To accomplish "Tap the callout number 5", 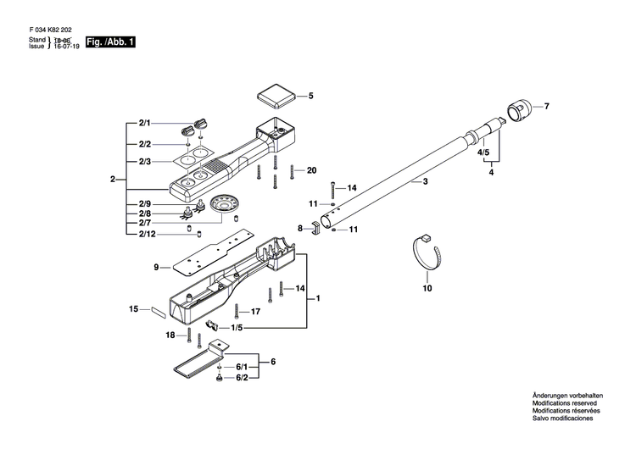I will tap(311, 97).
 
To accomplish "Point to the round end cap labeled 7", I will tap(519, 110).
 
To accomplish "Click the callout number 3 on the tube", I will tap(425, 182).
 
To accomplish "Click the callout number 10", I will tap(427, 288).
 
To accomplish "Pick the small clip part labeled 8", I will tap(315, 227).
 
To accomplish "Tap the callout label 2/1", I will tap(144, 125).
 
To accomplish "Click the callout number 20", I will tap(311, 170).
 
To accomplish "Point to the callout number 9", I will tap(156, 268).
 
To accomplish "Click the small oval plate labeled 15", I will tap(159, 311).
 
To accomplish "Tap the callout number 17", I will tap(255, 312).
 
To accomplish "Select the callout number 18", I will tap(170, 335).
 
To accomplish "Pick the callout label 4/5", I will tap(484, 152).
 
